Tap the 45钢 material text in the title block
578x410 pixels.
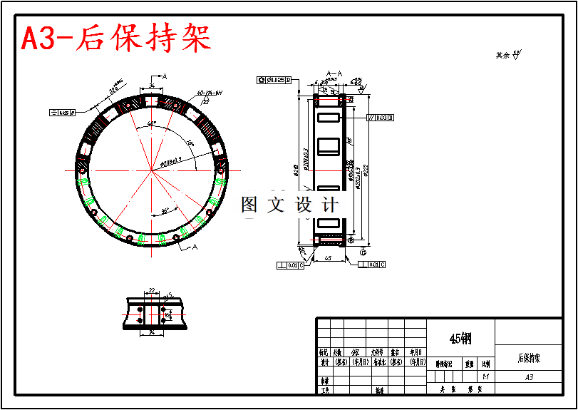[x=460, y=339]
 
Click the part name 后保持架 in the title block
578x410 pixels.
[x=528, y=358]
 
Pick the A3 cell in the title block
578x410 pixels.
[x=528, y=377]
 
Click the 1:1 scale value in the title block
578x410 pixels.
[x=485, y=377]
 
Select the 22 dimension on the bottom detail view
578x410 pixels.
[x=152, y=290]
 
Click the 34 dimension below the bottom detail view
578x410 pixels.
[x=152, y=332]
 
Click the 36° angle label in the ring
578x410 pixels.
[x=165, y=211]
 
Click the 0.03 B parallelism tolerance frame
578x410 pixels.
[x=381, y=117]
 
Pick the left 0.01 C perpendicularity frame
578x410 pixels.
[x=291, y=265]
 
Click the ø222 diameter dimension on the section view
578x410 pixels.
[x=365, y=171]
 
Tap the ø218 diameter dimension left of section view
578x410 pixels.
[x=294, y=171]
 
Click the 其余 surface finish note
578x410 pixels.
[x=507, y=54]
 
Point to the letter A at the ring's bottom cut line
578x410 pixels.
[x=195, y=248]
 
